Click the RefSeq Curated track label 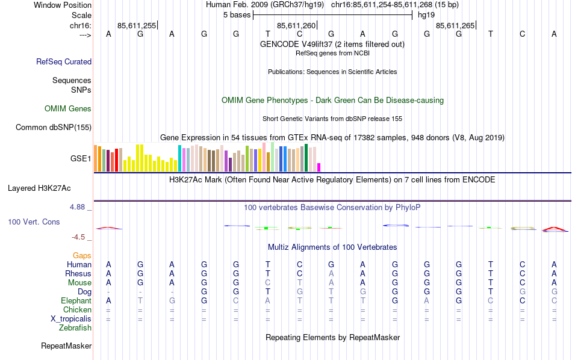point(64,61)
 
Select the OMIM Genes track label point(68,109)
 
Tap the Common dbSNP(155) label point(54,127)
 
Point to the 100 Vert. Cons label point(34,222)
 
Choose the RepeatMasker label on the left point(66,346)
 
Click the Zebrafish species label point(75,328)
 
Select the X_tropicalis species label point(70,319)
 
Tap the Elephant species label point(76,301)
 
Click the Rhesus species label point(78,274)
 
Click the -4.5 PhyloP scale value point(81,237)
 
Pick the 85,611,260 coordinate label point(296,25)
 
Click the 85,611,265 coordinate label point(455,25)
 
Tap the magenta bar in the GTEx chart point(319,167)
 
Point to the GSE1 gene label point(81,159)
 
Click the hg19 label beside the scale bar point(426,15)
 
